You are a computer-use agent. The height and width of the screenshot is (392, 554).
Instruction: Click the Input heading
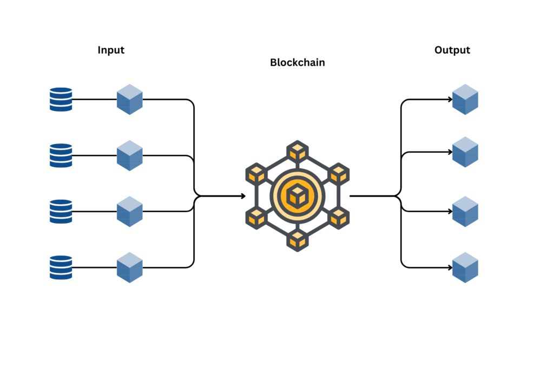click(x=111, y=50)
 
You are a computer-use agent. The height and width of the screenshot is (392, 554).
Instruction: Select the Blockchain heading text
click(x=297, y=63)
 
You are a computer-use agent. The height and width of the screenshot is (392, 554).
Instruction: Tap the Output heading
click(x=452, y=50)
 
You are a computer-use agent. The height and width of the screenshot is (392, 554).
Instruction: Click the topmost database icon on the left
click(x=61, y=100)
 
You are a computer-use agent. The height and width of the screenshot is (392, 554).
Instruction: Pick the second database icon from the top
click(x=61, y=155)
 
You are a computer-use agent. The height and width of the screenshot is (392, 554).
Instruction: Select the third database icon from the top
click(x=61, y=211)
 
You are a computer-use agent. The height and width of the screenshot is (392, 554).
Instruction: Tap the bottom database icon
click(x=61, y=267)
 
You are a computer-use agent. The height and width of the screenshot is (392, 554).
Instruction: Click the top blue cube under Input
click(x=130, y=100)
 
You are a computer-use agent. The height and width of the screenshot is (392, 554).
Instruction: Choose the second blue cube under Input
click(x=130, y=155)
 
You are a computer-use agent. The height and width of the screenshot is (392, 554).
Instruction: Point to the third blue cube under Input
click(x=130, y=211)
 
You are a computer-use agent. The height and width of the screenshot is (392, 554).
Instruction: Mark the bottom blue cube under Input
click(x=130, y=267)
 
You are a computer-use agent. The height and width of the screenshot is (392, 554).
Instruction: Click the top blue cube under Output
click(x=465, y=100)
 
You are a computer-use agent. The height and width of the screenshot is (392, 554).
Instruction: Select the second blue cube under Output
click(x=465, y=152)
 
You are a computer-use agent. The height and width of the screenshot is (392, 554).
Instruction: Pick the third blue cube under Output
click(x=465, y=211)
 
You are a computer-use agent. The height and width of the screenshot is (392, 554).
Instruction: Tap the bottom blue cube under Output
click(x=465, y=267)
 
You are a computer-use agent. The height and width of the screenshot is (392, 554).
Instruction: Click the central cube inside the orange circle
click(x=297, y=195)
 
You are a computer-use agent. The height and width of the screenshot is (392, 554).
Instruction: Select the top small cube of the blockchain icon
click(x=297, y=152)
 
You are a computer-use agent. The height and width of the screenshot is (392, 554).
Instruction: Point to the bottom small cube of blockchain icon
click(x=297, y=240)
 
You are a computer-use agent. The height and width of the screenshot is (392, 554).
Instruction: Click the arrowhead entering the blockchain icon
click(x=242, y=196)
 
